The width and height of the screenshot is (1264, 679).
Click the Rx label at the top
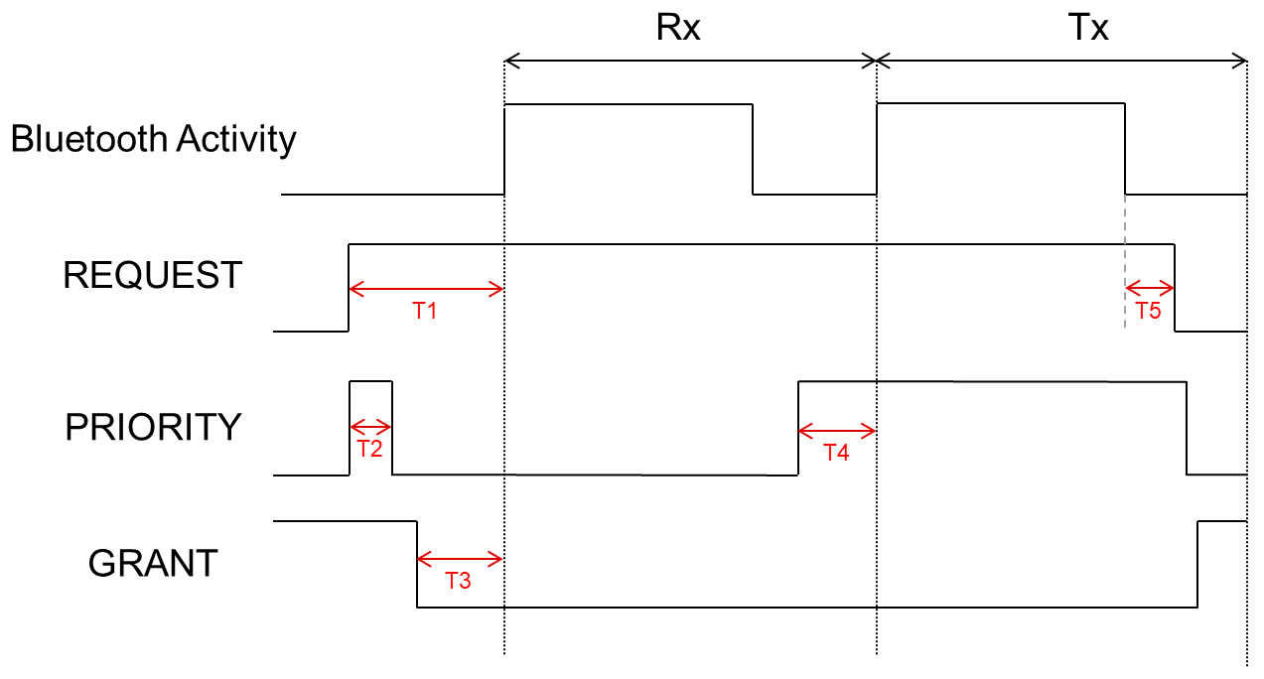point(678,28)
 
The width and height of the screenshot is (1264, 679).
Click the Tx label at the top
point(1089,28)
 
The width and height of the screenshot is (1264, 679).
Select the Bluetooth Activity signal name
point(153,139)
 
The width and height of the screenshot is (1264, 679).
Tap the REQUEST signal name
point(152,275)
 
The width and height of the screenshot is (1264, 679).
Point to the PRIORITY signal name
point(153,427)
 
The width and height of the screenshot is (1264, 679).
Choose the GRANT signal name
point(153,564)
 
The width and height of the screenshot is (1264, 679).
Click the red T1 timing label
point(425,311)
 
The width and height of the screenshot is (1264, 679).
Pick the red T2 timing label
point(369,448)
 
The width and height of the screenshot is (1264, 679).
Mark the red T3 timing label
point(458,581)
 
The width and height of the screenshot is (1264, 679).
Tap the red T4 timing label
point(837,453)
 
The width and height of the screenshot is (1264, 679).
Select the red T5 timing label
point(1148,311)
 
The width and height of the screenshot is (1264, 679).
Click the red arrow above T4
point(837,431)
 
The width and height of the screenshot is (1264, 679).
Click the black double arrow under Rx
point(691,62)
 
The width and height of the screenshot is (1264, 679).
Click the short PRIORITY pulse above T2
point(371,381)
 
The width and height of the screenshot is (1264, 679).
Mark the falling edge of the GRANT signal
point(417,564)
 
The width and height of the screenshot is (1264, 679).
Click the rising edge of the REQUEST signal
point(349,287)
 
